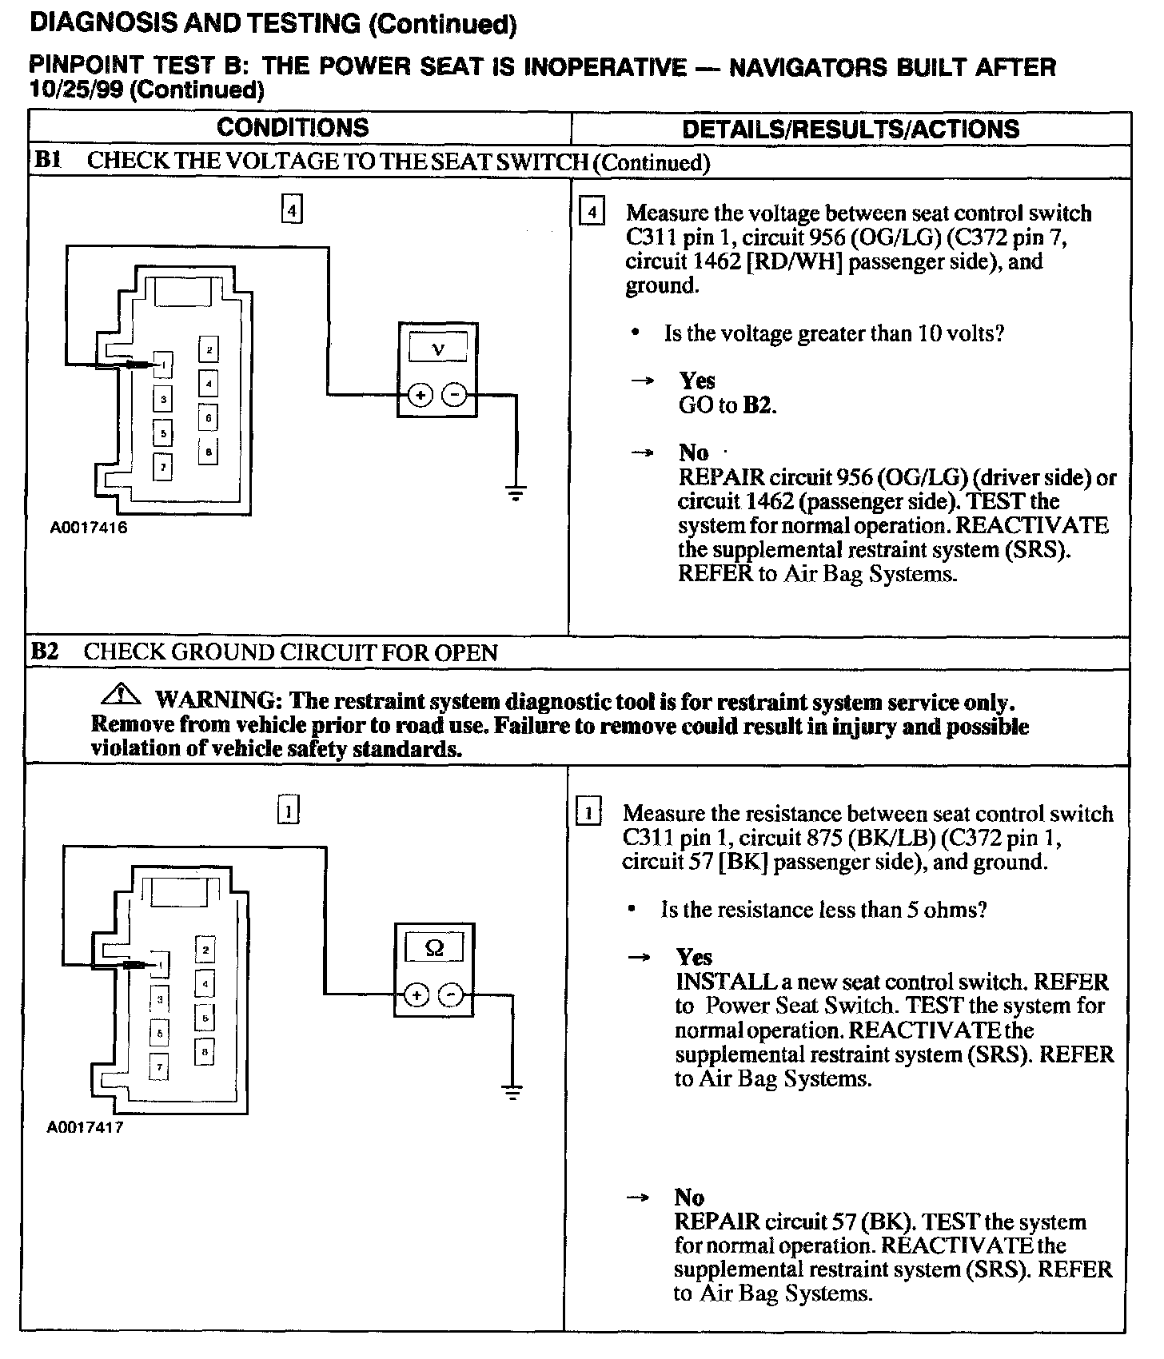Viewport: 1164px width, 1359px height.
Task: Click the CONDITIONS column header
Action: point(293,128)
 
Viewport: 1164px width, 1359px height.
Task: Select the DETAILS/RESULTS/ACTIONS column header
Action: point(851,129)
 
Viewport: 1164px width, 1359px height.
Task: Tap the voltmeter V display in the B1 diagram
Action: point(437,348)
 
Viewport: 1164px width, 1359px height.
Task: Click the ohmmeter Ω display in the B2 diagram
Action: point(434,949)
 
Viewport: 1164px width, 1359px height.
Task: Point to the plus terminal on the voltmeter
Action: point(421,394)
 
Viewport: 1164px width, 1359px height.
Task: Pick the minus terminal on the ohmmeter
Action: point(451,994)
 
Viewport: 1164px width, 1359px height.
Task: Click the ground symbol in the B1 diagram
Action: point(516,492)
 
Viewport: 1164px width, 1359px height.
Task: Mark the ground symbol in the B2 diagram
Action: point(512,1092)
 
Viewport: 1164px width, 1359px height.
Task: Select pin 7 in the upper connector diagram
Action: point(162,466)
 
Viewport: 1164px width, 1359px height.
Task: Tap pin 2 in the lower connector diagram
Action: point(205,949)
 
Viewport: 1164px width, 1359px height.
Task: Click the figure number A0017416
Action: point(88,528)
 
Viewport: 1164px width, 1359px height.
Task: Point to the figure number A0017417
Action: point(85,1128)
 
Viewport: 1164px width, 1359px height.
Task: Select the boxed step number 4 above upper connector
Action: point(292,210)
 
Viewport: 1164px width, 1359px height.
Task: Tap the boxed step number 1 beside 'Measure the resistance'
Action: point(588,813)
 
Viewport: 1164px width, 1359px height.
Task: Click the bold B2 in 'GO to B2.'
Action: point(758,405)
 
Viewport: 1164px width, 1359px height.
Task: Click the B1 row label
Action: point(47,161)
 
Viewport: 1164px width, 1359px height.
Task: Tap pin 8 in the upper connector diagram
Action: point(209,452)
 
